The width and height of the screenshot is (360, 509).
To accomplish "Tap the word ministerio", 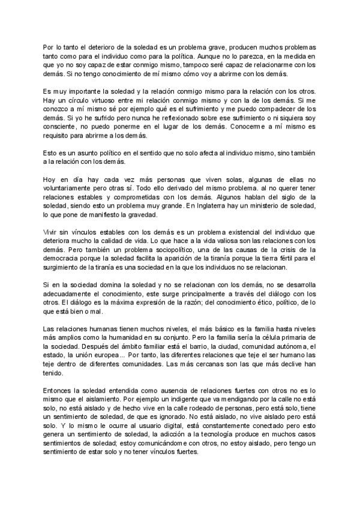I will tap(281, 206).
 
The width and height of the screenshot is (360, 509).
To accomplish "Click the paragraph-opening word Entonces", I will tap(59, 389).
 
